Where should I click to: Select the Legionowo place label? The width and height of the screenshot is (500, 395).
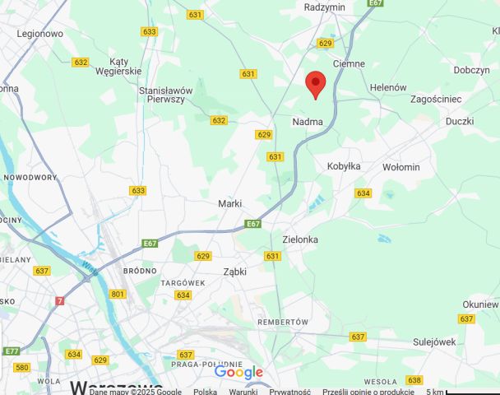pos(40,34)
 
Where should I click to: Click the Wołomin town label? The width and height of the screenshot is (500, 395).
pos(401,167)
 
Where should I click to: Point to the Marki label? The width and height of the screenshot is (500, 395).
pos(229,203)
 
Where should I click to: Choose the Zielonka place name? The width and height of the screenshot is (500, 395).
pos(300,239)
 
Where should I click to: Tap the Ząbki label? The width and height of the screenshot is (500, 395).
pos(234,271)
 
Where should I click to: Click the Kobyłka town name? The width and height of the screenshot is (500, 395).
pos(344,166)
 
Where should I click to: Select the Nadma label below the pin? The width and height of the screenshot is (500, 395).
pos(308,122)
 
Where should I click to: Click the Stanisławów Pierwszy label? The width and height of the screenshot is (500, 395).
pos(166,95)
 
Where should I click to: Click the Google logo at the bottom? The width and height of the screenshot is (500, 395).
pos(238,373)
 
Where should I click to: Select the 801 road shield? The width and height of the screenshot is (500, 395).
pos(118,294)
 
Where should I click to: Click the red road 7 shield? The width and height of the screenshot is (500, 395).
pos(59,301)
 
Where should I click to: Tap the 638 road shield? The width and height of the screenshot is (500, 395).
pos(414,380)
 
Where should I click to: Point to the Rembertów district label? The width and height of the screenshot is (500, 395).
pos(282,322)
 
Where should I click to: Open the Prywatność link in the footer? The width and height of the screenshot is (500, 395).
pos(289,392)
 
